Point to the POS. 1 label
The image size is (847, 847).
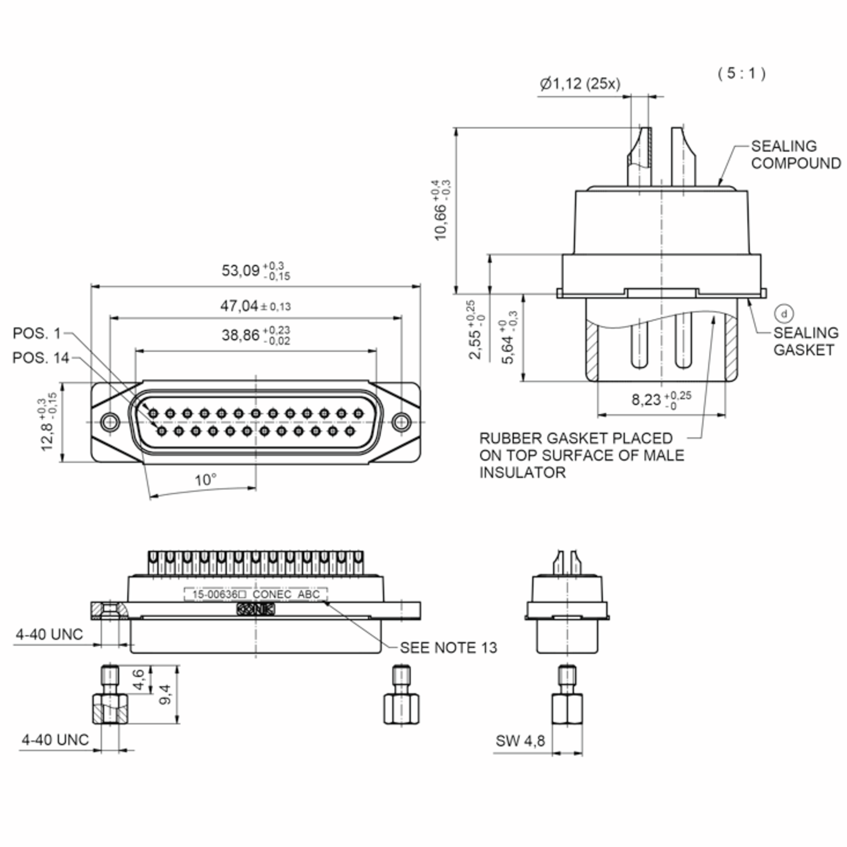click(37, 334)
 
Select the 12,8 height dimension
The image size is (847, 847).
click(48, 421)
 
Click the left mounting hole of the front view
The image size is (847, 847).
click(110, 422)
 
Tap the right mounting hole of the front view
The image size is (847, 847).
click(401, 422)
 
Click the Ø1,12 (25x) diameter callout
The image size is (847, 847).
click(580, 83)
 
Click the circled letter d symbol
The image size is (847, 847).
click(784, 313)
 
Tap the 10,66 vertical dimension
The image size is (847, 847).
click(442, 210)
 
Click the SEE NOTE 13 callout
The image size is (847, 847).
click(449, 648)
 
